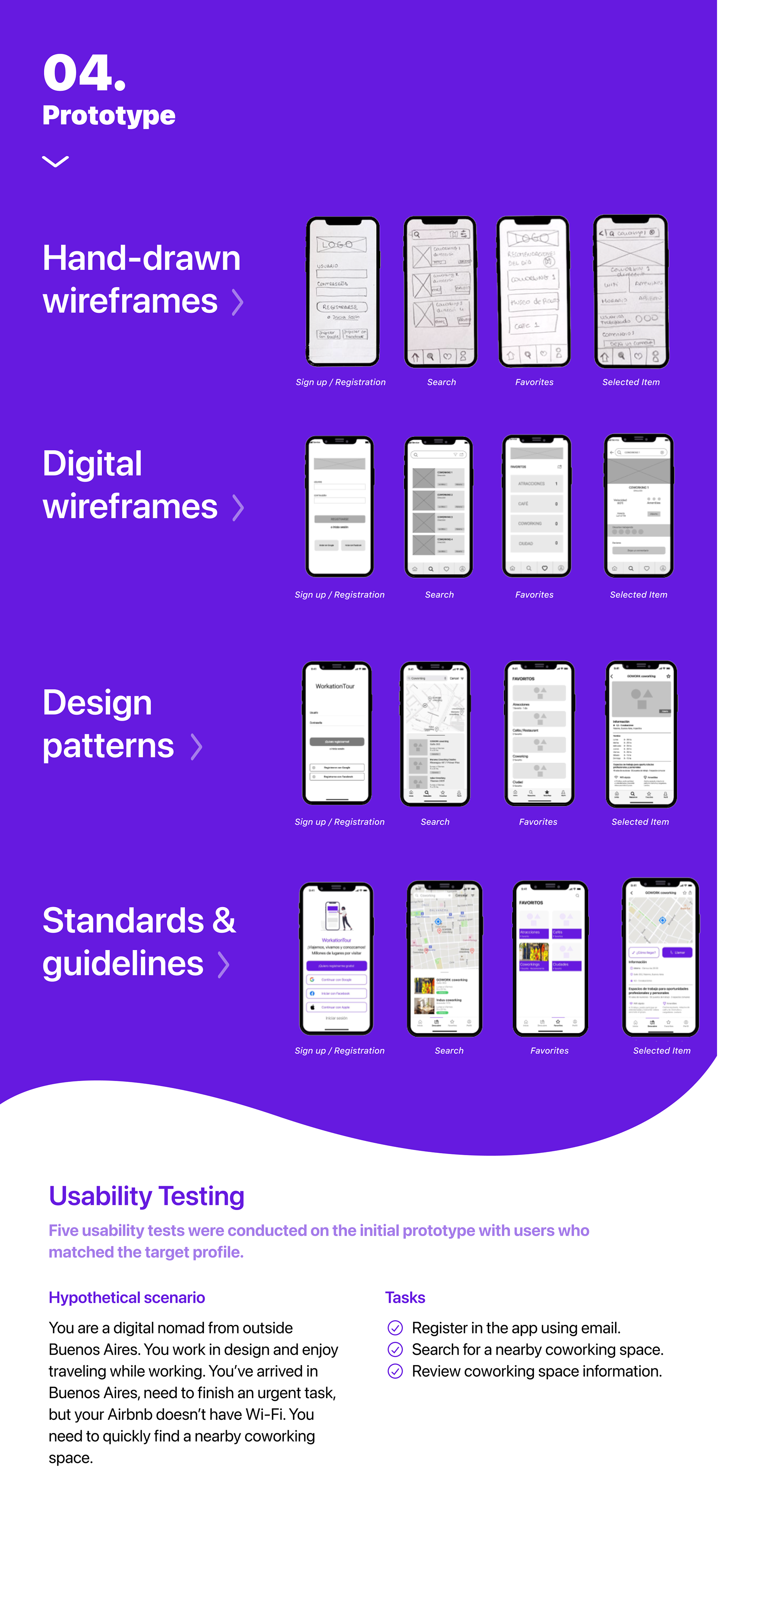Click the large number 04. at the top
84,73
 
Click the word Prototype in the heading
108,116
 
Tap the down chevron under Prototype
56,162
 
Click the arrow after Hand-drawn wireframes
237,302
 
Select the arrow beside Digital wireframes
237,508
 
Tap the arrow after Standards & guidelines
223,964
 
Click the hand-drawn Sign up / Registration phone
342,291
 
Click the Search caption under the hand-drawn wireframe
441,382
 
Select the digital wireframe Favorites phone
536,506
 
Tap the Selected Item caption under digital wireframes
638,595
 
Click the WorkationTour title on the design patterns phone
335,686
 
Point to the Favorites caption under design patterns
538,822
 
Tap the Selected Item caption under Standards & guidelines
662,1051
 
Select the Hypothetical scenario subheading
127,1297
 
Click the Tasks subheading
405,1297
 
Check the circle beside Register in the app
395,1328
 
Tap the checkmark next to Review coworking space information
395,1371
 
